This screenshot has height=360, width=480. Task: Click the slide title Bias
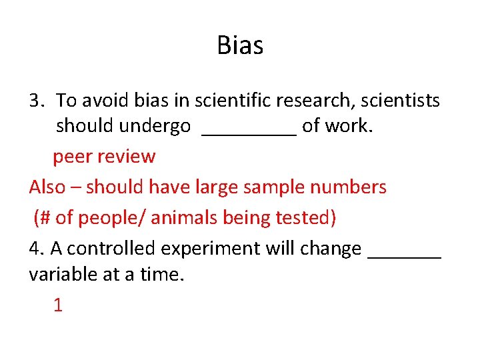click(240, 46)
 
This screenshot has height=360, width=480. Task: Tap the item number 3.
click(36, 101)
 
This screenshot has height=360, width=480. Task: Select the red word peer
click(73, 157)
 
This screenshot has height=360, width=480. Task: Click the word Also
click(47, 187)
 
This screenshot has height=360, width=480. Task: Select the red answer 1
click(58, 305)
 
